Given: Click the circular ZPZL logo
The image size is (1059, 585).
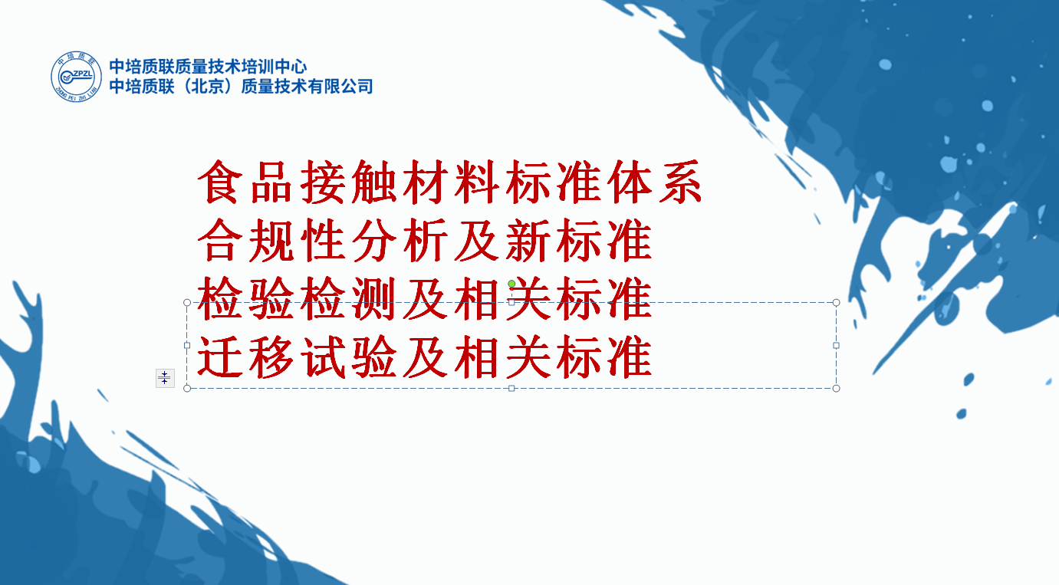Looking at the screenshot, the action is pos(76,77).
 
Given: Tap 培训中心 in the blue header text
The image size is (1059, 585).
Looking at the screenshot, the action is pos(274,67).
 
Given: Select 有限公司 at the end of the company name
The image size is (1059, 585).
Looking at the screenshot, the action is pos(340,87).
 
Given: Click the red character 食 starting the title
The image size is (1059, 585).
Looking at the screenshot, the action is pos(218,182).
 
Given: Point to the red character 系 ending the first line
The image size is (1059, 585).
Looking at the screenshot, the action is pos(680,182).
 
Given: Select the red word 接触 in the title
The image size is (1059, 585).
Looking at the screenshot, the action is pos(348,182).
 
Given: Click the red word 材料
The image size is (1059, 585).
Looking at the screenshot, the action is pos(451,182).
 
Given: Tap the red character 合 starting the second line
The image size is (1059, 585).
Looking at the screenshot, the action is pos(218,240).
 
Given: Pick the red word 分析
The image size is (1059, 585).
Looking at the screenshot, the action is pos(400,240).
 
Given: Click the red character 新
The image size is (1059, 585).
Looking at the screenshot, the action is pos(528,240).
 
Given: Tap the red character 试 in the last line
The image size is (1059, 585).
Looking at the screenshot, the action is pos(322,357).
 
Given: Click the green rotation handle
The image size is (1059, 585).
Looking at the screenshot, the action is pos(511,284).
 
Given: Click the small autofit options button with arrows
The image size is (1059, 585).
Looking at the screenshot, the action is pos(165,378).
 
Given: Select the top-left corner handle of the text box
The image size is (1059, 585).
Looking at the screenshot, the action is pos(187,302).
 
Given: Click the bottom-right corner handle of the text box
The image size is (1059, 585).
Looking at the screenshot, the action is pos(836,389).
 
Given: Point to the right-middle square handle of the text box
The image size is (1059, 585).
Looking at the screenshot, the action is pos(836,346).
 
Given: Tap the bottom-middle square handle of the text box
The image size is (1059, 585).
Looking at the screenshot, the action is pos(511,389).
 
